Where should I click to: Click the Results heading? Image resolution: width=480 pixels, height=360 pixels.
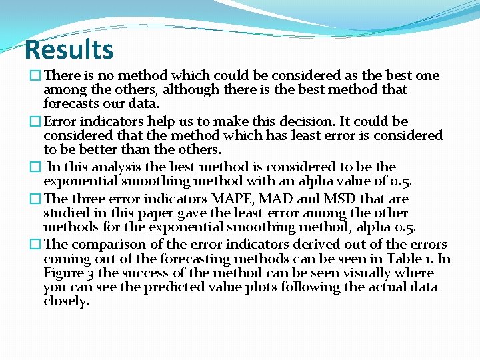tap(69, 49)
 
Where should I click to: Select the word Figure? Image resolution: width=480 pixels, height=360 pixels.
tap(64, 273)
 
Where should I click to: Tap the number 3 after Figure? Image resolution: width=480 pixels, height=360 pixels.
tap(91, 273)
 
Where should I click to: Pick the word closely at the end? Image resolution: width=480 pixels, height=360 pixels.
tap(65, 301)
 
